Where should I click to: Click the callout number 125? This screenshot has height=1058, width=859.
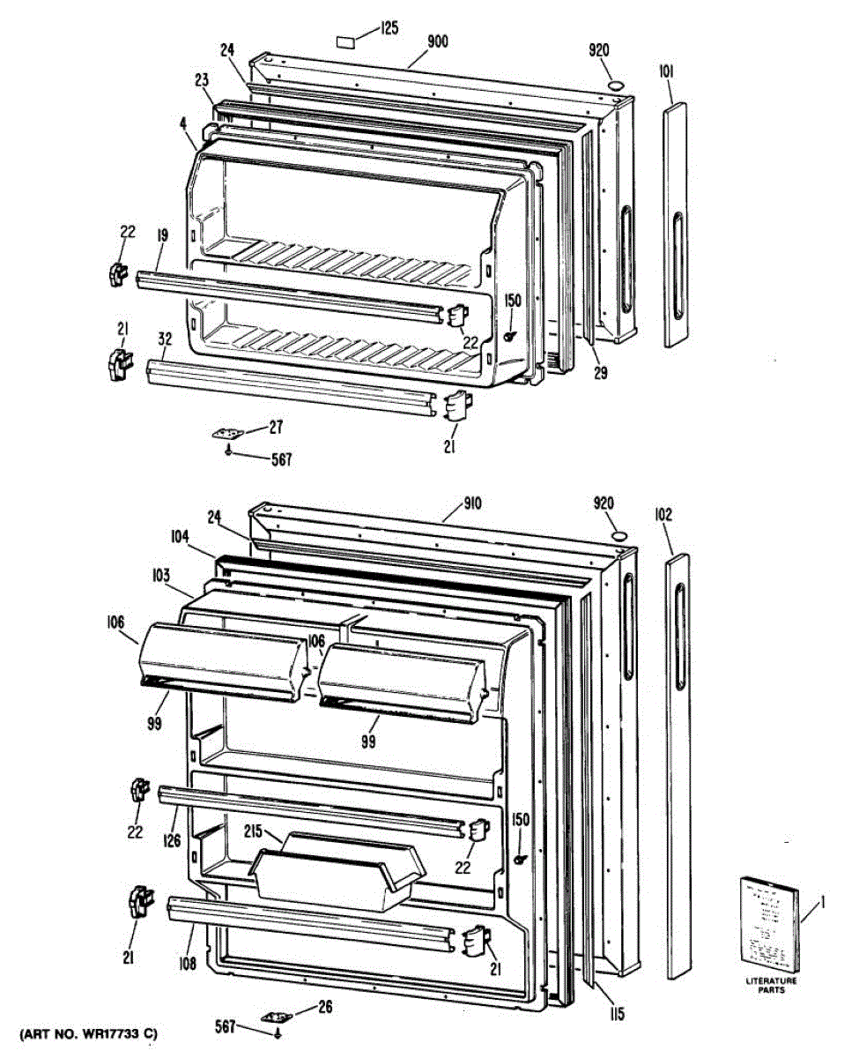[389, 29]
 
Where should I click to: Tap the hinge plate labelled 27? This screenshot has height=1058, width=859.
[233, 434]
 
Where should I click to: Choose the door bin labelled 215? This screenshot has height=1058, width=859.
[335, 873]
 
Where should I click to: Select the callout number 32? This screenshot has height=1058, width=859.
[165, 339]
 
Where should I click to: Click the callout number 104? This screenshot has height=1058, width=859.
[181, 534]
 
